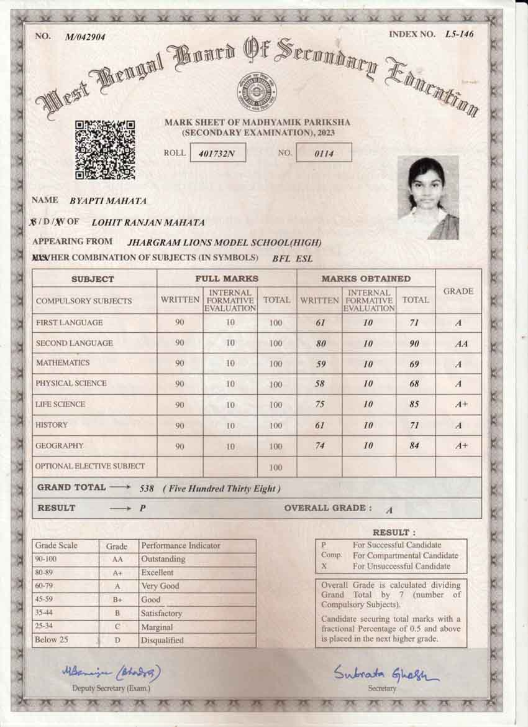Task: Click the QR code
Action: point(105,150)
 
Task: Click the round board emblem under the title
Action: point(257,92)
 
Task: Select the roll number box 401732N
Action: point(217,152)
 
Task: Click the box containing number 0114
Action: point(324,152)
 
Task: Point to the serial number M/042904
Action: point(85,37)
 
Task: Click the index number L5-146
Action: point(459,34)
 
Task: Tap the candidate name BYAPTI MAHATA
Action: point(108,201)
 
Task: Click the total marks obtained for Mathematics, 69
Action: point(414,364)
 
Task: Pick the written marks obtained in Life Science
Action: point(319,404)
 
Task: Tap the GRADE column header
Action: point(458,291)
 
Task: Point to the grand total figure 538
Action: point(148,489)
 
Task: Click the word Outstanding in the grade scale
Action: point(163,559)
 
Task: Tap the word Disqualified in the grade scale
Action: point(162,640)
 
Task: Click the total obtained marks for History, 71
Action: point(414,425)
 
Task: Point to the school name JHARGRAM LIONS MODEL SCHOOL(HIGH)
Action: point(224,243)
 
